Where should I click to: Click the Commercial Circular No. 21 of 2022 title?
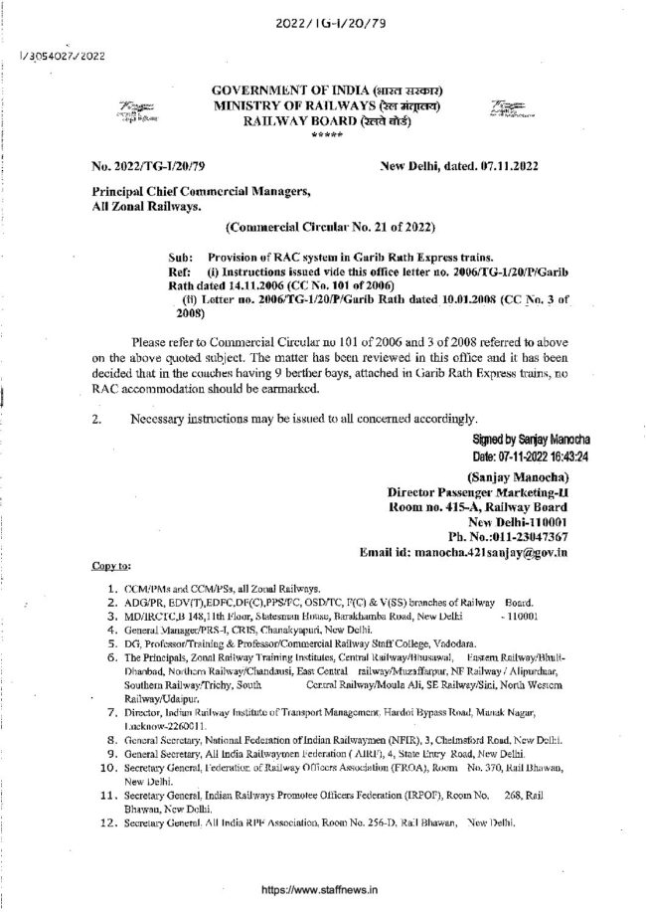coord(321,226)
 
